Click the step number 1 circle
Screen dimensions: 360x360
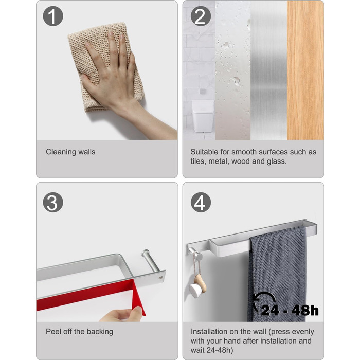[53, 16]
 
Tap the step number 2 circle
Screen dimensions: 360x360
[201, 16]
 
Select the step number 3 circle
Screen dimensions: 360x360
[53, 202]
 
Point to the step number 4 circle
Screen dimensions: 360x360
[201, 202]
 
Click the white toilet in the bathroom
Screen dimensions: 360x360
[203, 116]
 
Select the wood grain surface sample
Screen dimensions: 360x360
[305, 70]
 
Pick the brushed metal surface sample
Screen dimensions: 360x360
[268, 70]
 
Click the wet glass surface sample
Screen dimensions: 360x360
[232, 70]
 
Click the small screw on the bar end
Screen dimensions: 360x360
[160, 278]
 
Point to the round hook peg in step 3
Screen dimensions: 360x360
[150, 260]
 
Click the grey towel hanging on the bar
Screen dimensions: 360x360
[277, 274]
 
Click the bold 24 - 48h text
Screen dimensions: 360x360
[290, 310]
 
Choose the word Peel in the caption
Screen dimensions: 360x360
[52, 331]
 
